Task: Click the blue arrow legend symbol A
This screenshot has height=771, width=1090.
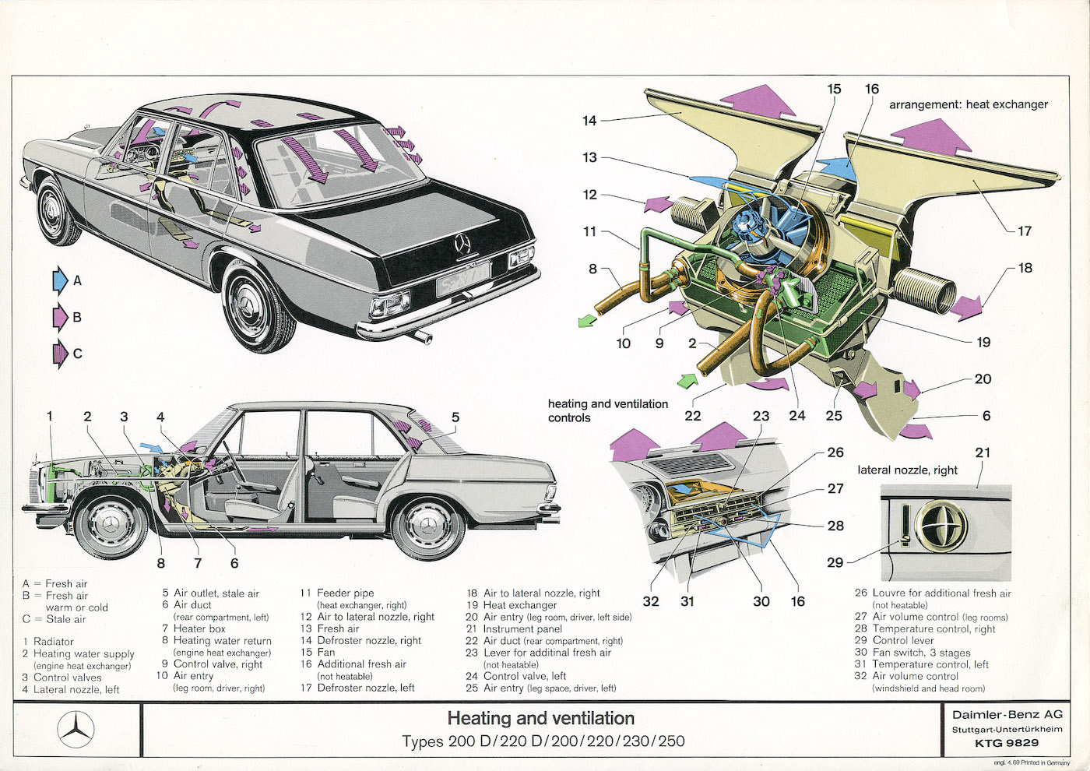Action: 60,280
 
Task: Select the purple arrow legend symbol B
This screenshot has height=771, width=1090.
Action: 60,317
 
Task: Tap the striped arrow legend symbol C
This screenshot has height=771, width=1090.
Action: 60,354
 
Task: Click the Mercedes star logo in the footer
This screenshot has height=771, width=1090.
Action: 76,731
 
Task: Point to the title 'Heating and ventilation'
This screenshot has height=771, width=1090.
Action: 540,718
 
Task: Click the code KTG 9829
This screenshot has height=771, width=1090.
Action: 1006,743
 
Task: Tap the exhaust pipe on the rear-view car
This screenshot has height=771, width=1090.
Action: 423,336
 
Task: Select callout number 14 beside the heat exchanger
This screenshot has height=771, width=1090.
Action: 589,121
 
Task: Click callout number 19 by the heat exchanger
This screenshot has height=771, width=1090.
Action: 983,342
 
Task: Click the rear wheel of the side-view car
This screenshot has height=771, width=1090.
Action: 428,526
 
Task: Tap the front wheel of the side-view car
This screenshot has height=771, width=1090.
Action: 111,526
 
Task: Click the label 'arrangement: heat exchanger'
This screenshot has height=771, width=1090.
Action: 968,104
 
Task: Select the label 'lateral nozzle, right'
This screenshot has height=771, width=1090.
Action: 907,470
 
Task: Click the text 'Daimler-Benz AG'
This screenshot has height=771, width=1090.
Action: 1007,714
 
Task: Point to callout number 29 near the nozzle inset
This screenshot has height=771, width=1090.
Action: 835,562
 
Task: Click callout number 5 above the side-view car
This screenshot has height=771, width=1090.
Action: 455,417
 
